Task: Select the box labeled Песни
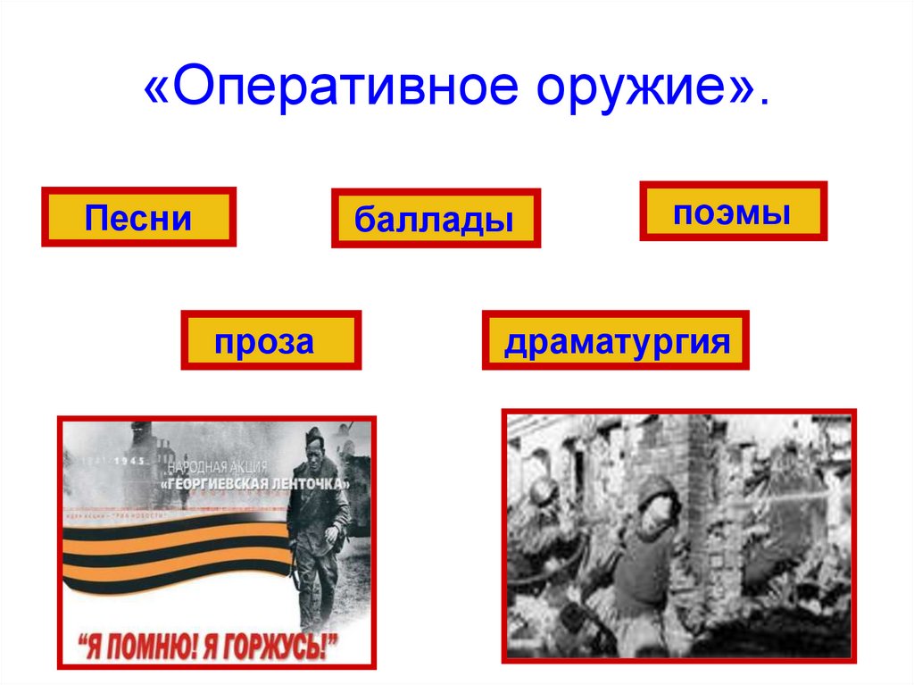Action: click(138, 217)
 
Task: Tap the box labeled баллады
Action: click(436, 219)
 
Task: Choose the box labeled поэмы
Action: click(733, 212)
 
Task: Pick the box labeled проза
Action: click(271, 340)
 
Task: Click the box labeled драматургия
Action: click(616, 340)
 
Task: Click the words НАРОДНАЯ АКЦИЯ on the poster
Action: click(215, 467)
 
